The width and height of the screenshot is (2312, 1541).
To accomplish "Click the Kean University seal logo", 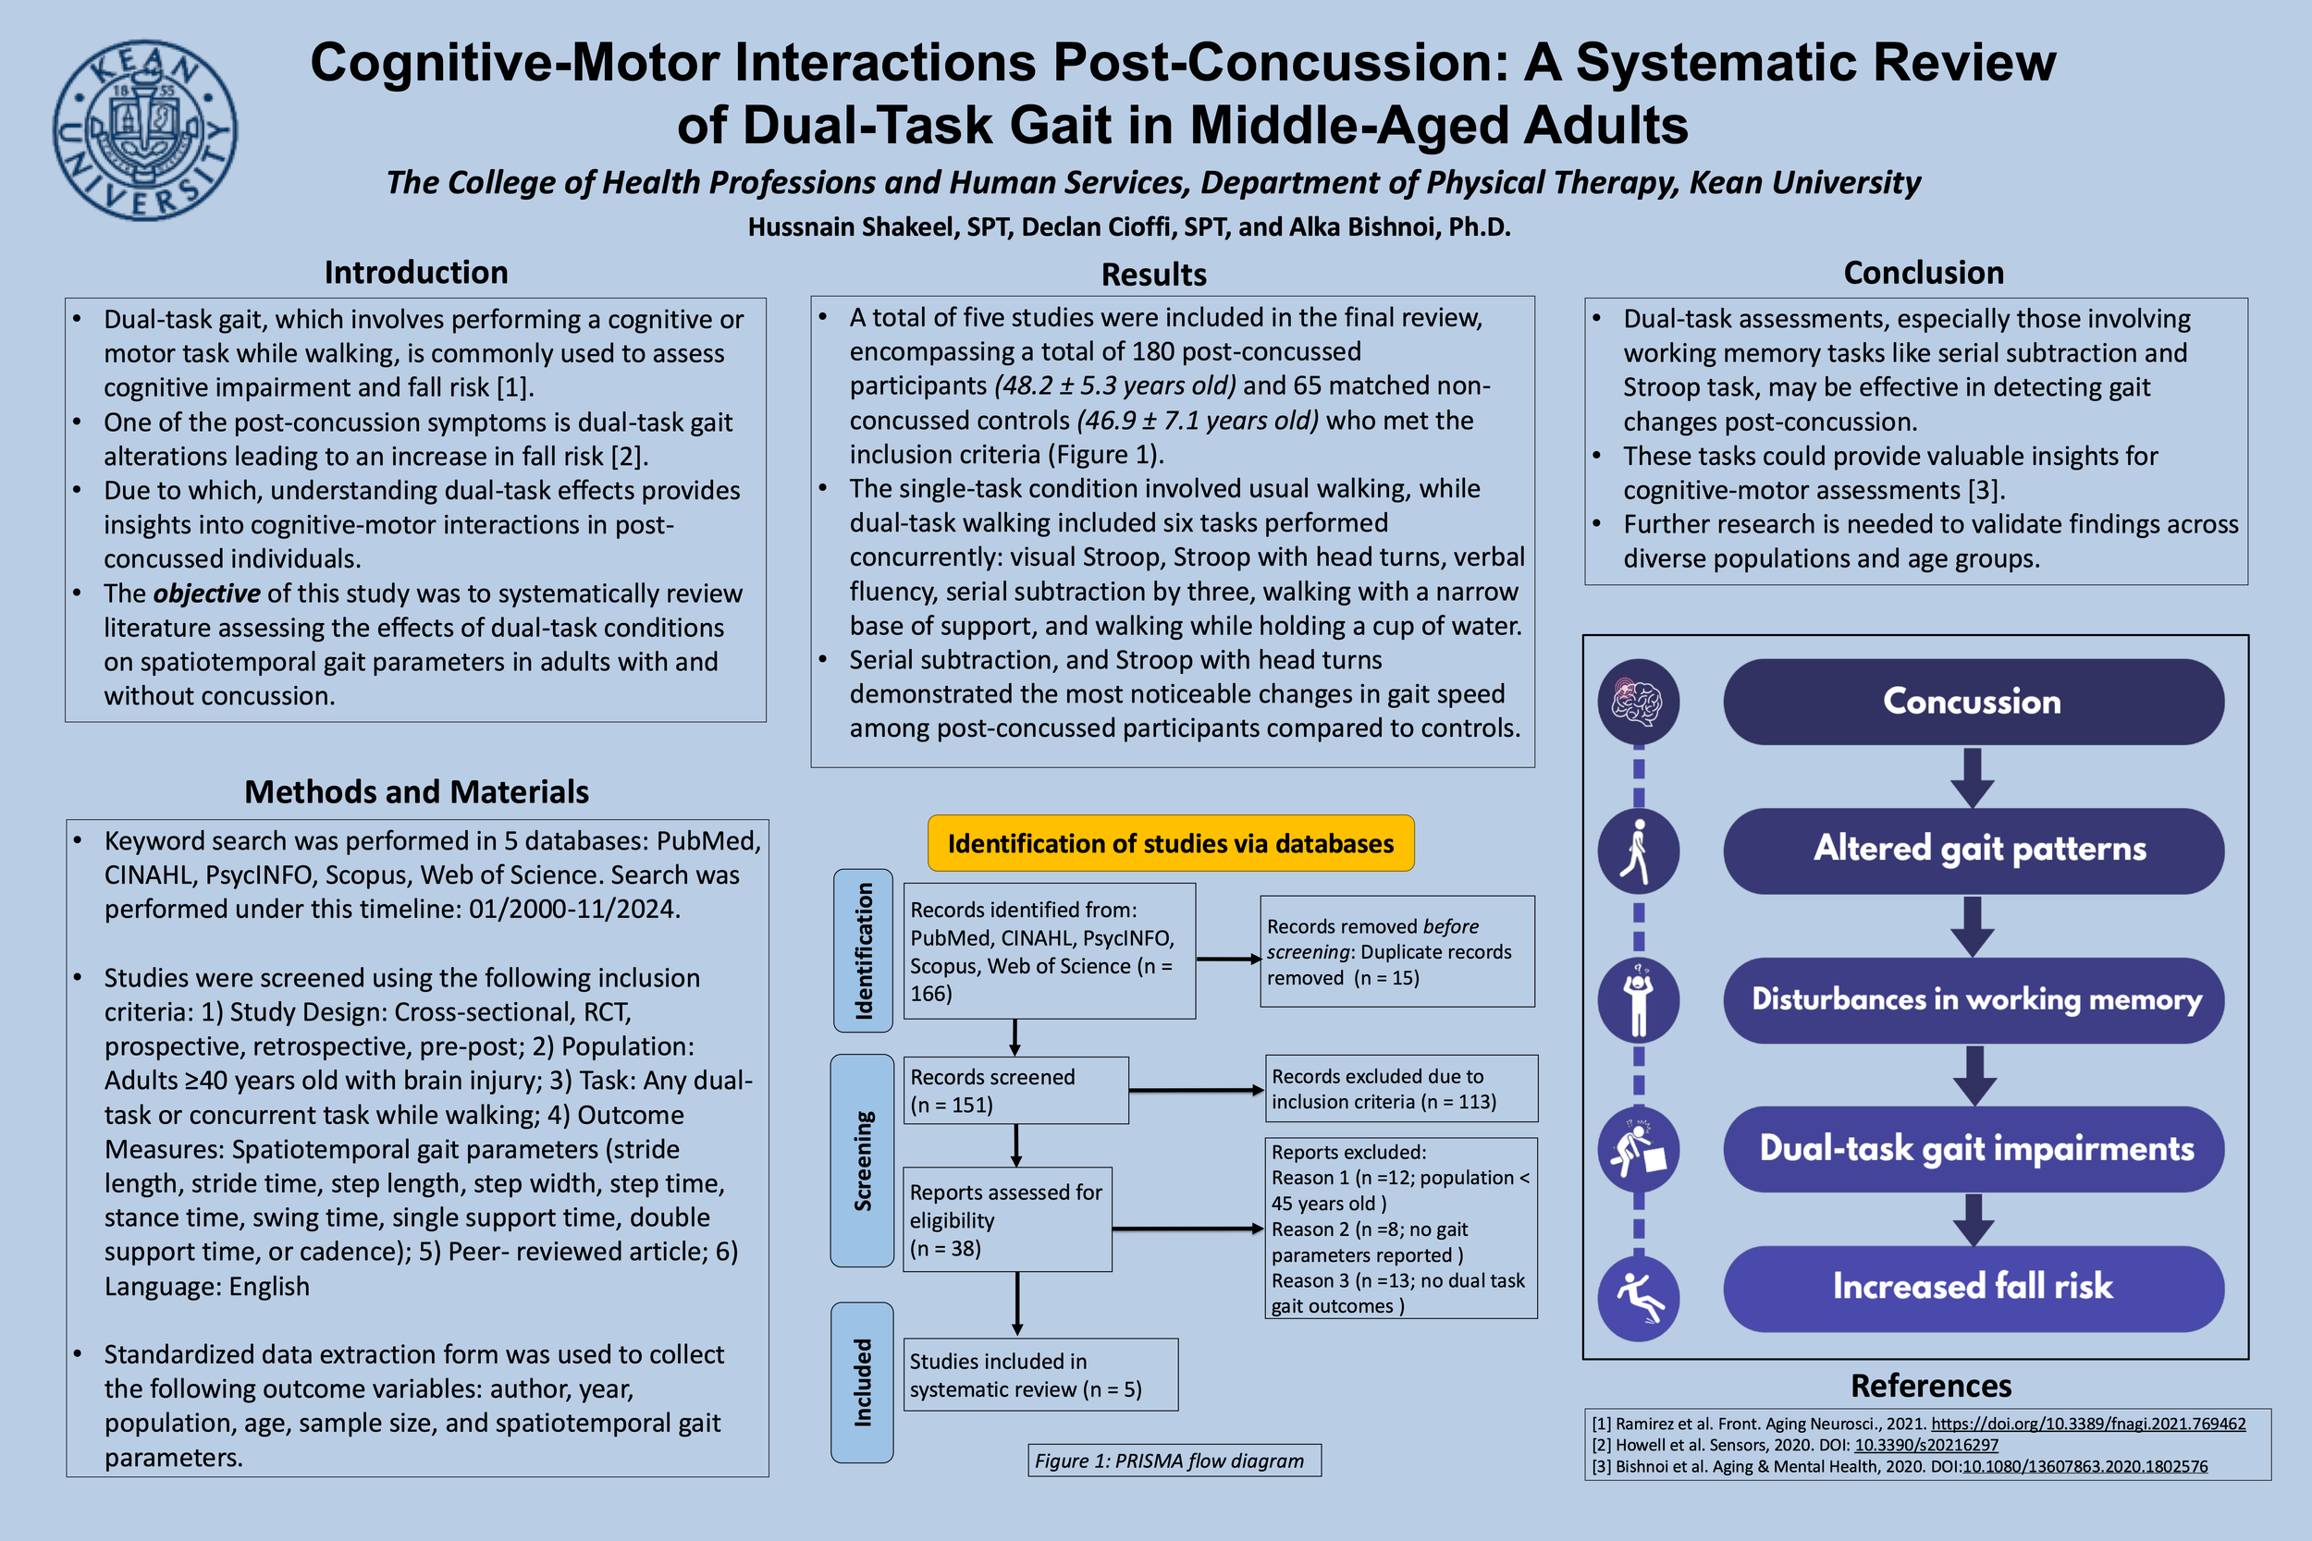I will (x=144, y=129).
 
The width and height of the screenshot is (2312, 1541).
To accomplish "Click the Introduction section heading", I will (x=416, y=272).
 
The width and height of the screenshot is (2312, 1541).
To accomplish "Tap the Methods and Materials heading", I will (x=416, y=791).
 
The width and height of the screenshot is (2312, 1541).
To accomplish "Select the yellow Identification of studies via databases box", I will (x=1170, y=843).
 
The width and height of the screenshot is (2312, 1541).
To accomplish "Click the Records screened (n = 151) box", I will (x=1015, y=1090).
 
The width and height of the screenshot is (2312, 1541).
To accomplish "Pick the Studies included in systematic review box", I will (x=1040, y=1374).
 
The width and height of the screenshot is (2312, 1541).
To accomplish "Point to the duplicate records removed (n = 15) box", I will (x=1396, y=951).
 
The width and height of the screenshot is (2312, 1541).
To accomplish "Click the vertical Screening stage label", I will (x=862, y=1161).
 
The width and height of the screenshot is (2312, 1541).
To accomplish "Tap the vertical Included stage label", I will (x=862, y=1382).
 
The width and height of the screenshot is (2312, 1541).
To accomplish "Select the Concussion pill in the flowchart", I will (x=1973, y=702).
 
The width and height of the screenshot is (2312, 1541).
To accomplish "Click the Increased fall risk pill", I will (x=1973, y=1288).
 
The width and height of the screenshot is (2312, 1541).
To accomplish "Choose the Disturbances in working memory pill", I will (x=1973, y=999).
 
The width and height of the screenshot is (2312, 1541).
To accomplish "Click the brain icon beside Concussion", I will (x=1638, y=702).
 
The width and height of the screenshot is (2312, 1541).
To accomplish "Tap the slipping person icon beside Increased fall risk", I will (x=1638, y=1298).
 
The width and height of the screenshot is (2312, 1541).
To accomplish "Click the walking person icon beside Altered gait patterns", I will (x=1638, y=851).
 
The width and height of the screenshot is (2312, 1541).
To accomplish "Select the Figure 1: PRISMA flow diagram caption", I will (x=1174, y=1461).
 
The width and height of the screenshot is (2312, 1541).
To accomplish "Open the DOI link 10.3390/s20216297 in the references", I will (x=1925, y=1445).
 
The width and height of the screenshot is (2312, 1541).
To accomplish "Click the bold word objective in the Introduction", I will (x=206, y=593).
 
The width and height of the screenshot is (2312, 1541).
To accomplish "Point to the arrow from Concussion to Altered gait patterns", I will (x=1972, y=777).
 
